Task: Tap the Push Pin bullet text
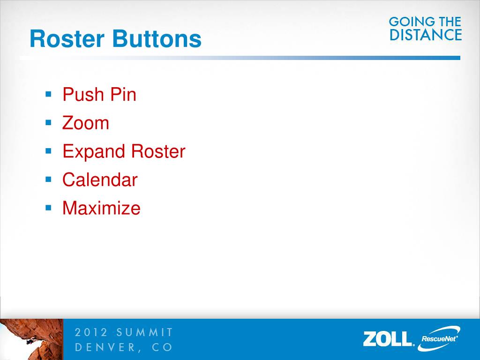click(x=99, y=95)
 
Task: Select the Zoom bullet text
click(x=85, y=123)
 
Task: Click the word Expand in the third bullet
click(x=94, y=152)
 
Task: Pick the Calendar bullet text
click(x=99, y=180)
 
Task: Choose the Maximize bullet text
click(x=101, y=208)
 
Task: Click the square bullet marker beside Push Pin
click(x=48, y=94)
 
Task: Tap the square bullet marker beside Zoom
click(x=48, y=123)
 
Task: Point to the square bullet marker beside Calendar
click(x=48, y=180)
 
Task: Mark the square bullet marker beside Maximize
click(x=48, y=208)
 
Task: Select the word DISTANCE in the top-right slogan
click(x=426, y=35)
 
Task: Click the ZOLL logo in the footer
click(x=388, y=338)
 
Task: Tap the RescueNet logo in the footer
click(x=439, y=338)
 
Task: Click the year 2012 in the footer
click(x=91, y=333)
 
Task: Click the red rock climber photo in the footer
click(x=31, y=339)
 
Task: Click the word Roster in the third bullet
click(x=158, y=152)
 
